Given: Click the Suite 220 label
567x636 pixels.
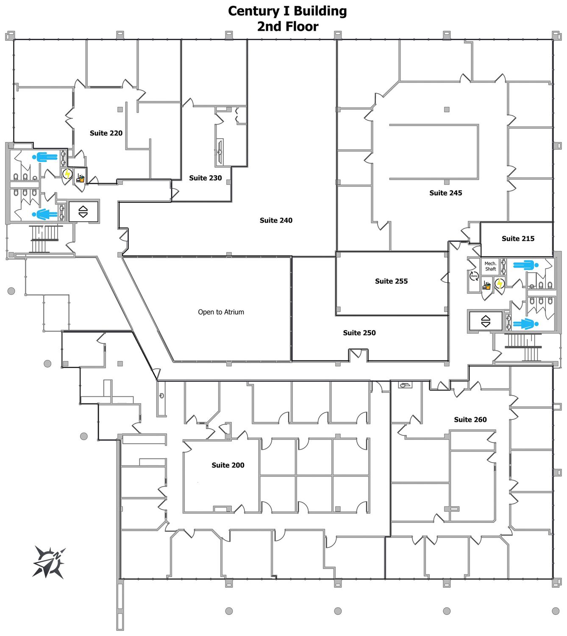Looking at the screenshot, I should pyautogui.click(x=106, y=133).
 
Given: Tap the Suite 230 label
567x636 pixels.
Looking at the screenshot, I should pyautogui.click(x=205, y=178).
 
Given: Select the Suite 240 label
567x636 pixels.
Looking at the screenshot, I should pyautogui.click(x=276, y=220).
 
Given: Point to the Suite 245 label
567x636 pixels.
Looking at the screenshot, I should pyautogui.click(x=445, y=193).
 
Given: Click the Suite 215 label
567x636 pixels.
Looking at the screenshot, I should pyautogui.click(x=518, y=239).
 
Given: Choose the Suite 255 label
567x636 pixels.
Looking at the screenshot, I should pyautogui.click(x=391, y=281).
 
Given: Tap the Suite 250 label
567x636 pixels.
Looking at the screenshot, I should pyautogui.click(x=359, y=333).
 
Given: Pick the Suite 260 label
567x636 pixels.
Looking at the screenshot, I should pyautogui.click(x=470, y=420).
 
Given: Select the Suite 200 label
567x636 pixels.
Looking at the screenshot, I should pyautogui.click(x=228, y=465).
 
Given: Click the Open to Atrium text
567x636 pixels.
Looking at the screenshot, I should pyautogui.click(x=221, y=312).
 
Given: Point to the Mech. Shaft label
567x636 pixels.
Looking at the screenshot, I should pyautogui.click(x=490, y=266).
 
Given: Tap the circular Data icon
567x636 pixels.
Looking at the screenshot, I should pyautogui.click(x=474, y=276).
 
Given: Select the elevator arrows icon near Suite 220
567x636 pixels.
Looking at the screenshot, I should pyautogui.click(x=83, y=212).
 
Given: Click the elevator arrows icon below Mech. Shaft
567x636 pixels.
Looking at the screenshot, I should pyautogui.click(x=486, y=321).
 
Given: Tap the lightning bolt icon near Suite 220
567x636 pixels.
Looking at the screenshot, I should pyautogui.click(x=67, y=174).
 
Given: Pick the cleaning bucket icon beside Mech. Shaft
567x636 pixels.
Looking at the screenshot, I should pyautogui.click(x=486, y=285).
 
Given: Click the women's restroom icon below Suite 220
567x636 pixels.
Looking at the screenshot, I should pyautogui.click(x=45, y=214).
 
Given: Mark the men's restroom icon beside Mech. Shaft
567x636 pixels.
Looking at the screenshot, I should pyautogui.click(x=526, y=265).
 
